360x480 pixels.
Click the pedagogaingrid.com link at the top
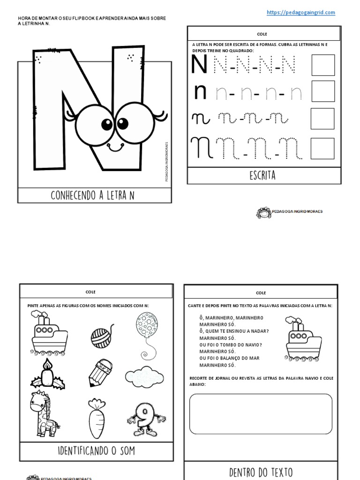(301, 13)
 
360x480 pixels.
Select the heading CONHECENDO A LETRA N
(93, 195)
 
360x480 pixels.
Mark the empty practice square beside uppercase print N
(323, 65)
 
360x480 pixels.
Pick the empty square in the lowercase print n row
(323, 91)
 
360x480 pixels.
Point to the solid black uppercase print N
(199, 65)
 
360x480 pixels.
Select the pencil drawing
(100, 373)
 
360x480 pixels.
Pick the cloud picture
(144, 376)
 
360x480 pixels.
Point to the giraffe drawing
(44, 414)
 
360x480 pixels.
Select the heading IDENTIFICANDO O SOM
(97, 451)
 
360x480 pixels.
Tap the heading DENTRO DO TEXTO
(261, 472)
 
